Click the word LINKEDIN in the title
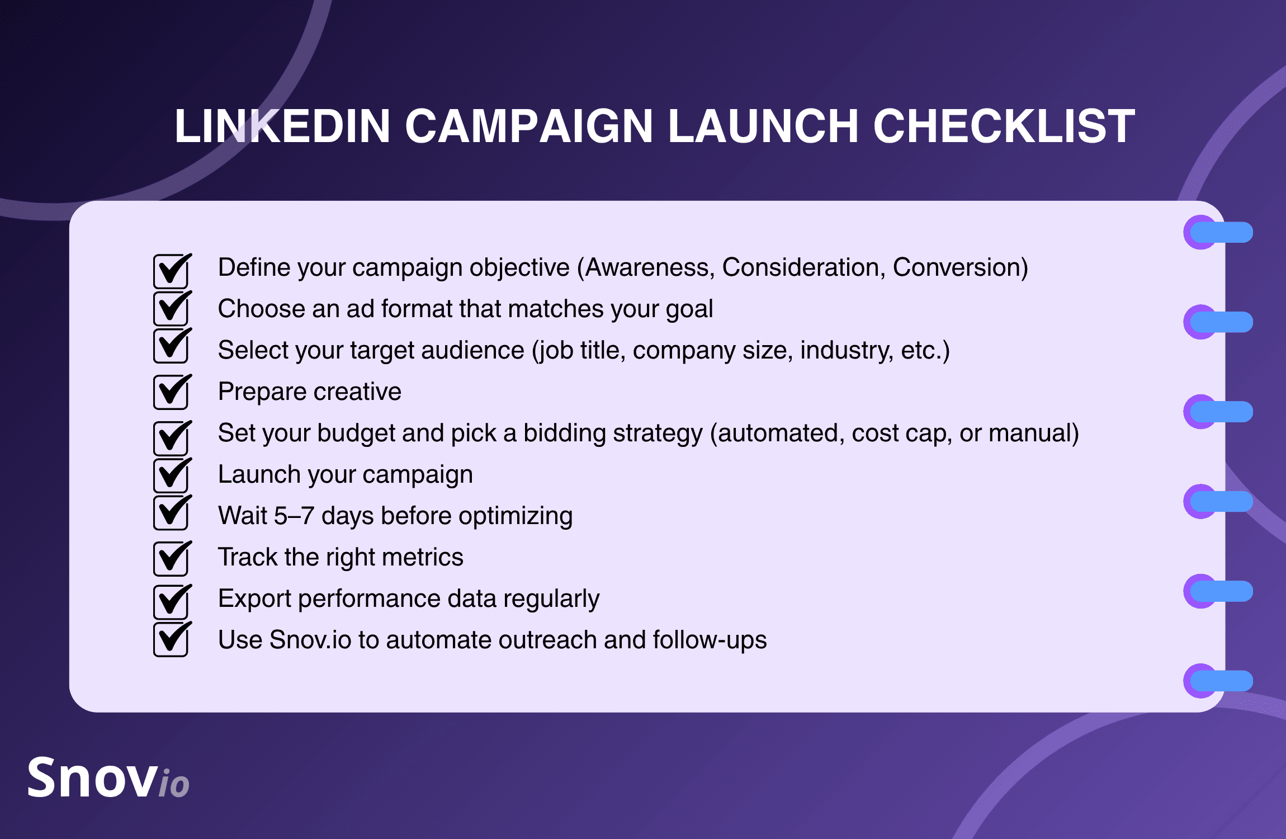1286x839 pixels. (x=282, y=126)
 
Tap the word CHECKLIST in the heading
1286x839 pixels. (x=1004, y=126)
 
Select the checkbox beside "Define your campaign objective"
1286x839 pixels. (x=172, y=271)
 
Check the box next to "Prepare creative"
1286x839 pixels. (x=172, y=392)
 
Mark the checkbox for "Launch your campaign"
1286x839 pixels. (x=172, y=474)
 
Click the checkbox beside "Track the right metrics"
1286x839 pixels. (x=172, y=558)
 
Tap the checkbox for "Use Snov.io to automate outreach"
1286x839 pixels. (x=172, y=639)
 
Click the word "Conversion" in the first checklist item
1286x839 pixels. (x=957, y=267)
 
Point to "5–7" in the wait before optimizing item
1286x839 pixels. (x=294, y=516)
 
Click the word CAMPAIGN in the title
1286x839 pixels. (x=528, y=126)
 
